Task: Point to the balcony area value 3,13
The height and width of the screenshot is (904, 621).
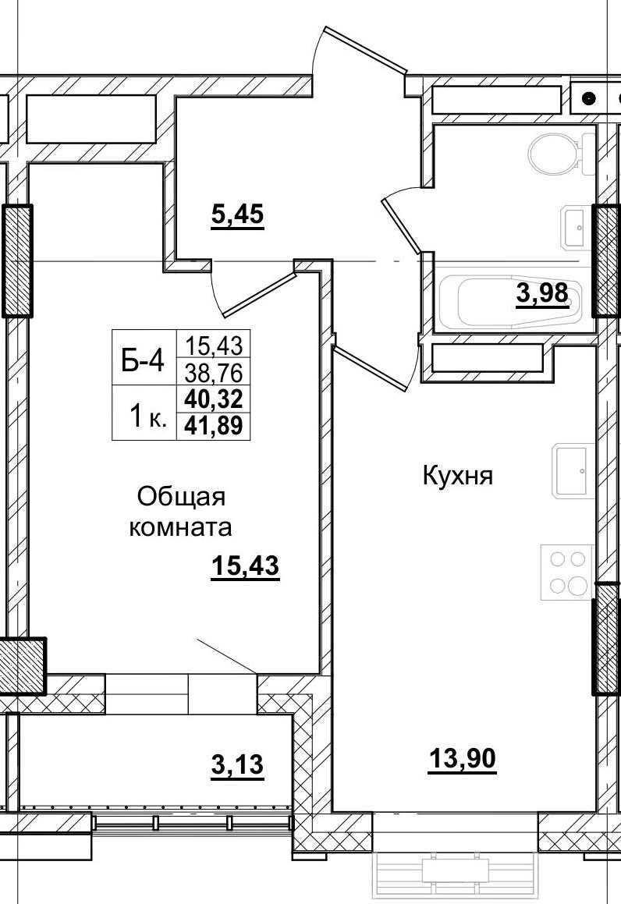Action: (x=237, y=765)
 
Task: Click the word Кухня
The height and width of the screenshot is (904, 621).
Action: (x=458, y=476)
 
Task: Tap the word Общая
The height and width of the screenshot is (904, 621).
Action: (x=181, y=496)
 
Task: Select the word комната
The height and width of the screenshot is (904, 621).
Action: (x=181, y=527)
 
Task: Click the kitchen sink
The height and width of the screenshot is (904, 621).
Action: (x=573, y=470)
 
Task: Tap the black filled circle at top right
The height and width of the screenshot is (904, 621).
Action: (x=588, y=99)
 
